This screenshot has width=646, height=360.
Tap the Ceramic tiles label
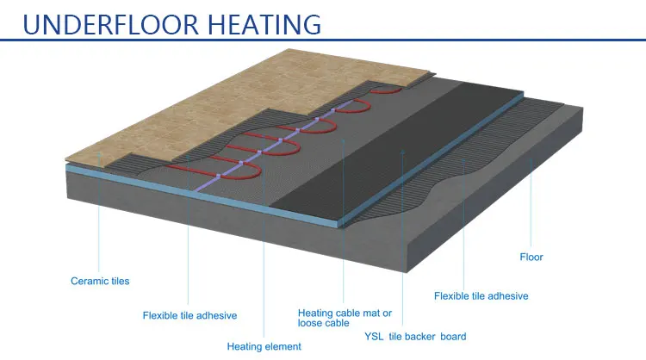[100, 281]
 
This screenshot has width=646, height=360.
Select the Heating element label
[264, 346]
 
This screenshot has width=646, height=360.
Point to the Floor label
[531, 257]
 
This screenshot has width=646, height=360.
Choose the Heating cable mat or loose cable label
[345, 318]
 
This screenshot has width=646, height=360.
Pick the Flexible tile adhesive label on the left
[189, 315]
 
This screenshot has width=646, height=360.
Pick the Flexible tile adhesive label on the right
[481, 296]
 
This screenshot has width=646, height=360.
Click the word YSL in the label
[373, 337]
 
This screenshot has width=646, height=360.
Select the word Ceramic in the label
[88, 281]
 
